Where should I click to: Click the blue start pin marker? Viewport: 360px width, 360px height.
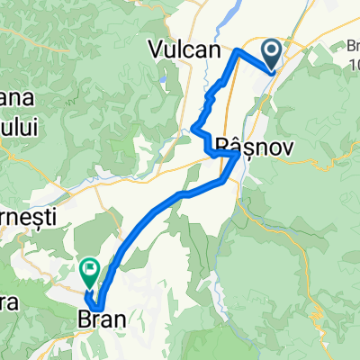(271, 52)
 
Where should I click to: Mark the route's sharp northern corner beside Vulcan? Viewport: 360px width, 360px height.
(237, 52)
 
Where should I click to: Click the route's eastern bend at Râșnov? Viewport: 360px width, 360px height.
(238, 155)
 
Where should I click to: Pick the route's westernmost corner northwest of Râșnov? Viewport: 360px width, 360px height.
(194, 129)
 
